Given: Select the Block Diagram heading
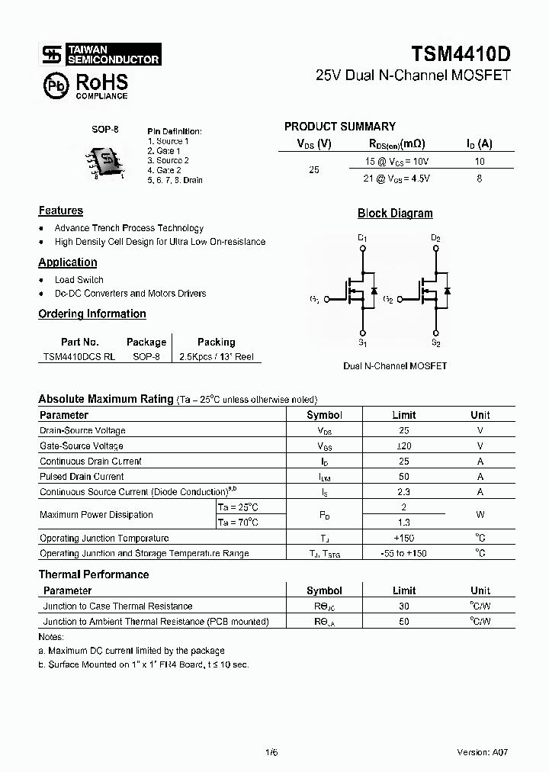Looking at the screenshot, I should tap(395, 214).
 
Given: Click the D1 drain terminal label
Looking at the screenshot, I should tap(362, 239).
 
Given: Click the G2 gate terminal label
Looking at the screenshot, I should tap(388, 299).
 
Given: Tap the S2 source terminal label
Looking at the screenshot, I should tap(435, 345).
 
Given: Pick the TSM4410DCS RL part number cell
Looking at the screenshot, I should tap(79, 356).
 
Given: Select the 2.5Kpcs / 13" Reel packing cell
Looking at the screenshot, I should tap(216, 356).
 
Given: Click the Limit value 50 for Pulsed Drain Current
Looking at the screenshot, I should tap(404, 477).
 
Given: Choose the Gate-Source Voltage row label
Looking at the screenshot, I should tap(82, 446).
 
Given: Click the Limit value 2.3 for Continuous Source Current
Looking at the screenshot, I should tap(404, 492).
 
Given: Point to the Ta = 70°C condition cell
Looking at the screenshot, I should tap(238, 523).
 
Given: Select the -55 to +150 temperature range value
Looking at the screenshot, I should tap(404, 553).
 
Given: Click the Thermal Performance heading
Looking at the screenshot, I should tap(94, 574).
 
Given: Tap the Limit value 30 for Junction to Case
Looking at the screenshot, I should tap(404, 606).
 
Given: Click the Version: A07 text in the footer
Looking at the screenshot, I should tap(482, 751).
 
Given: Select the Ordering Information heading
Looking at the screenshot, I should tap(92, 314).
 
